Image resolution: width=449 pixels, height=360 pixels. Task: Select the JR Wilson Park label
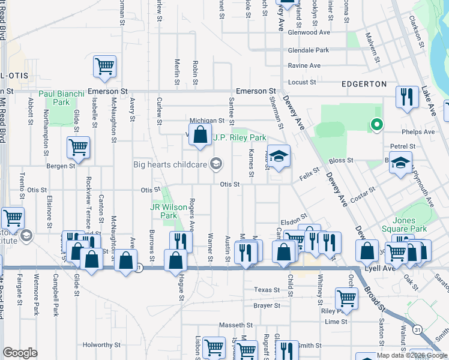click(163, 211)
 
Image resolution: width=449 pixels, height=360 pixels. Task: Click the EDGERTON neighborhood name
click(363, 85)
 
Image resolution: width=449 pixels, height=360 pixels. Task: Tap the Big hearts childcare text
click(170, 164)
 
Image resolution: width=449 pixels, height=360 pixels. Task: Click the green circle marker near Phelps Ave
click(376, 125)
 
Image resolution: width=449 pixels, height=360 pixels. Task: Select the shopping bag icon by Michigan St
click(200, 135)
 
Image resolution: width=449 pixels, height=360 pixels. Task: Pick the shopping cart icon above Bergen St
click(78, 147)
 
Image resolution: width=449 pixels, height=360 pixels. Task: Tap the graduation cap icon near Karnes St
click(279, 157)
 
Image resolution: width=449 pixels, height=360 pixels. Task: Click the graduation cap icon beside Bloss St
click(400, 163)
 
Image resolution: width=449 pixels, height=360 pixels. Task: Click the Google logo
click(20, 353)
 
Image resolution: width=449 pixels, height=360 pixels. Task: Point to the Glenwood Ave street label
click(309, 32)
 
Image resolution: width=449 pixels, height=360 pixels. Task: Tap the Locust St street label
click(302, 82)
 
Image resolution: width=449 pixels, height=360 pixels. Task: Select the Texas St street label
click(267, 289)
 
